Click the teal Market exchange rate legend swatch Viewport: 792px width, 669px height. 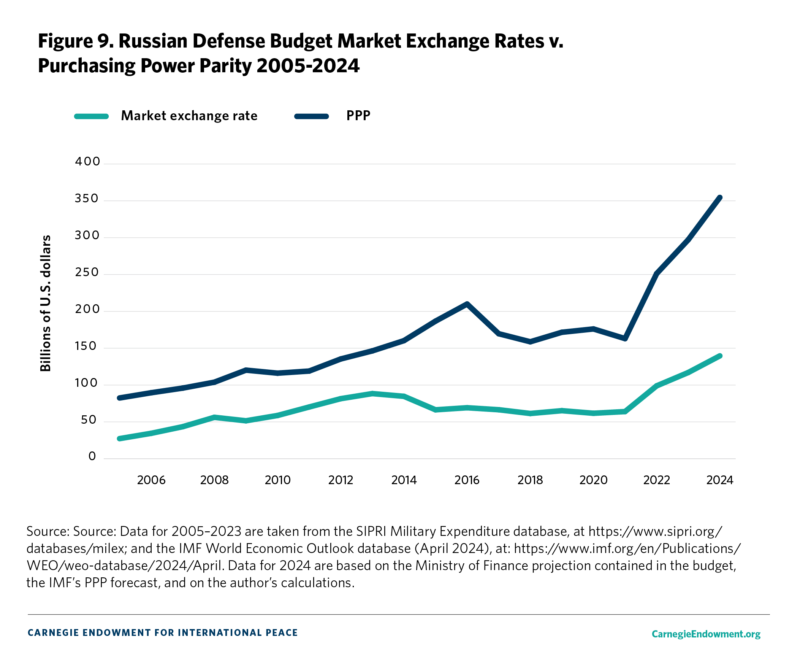92,116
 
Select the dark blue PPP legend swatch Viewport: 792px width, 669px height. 311,116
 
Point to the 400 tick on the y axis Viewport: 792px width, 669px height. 87,162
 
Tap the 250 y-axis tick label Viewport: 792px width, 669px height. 87,272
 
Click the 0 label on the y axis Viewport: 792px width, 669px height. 92,456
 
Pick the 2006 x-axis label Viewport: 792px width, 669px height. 151,480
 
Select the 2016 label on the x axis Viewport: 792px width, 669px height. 467,480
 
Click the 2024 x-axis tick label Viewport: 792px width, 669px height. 719,480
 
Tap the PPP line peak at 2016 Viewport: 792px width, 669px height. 467,304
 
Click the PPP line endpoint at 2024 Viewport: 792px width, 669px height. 719,198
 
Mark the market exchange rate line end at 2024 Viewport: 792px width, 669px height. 719,356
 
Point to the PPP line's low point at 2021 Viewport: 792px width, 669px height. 625,338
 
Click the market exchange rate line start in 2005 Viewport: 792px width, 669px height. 120,439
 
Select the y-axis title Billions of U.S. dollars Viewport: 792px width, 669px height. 46,303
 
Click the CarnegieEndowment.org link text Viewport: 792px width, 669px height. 706,634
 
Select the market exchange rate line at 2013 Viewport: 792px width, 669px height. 372,394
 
